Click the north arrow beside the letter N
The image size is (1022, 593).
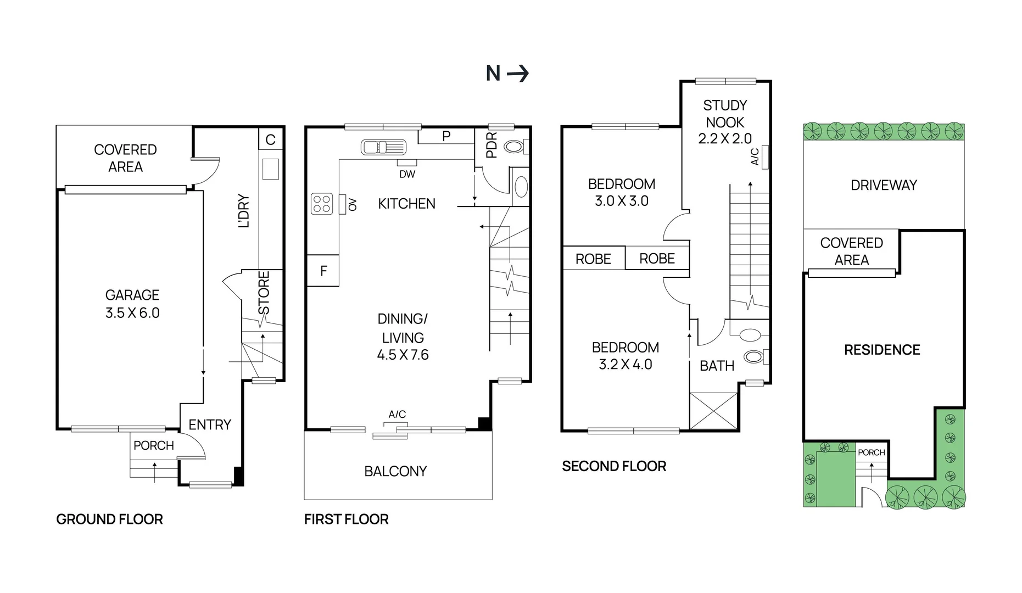[x=517, y=73]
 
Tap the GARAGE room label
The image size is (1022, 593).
[x=132, y=295]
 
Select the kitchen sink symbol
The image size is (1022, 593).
[x=383, y=147]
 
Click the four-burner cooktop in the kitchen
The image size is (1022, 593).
[x=322, y=204]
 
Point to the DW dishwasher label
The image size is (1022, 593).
[x=407, y=174]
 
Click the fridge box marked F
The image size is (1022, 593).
[x=323, y=271]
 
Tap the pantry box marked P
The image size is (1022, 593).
[x=446, y=136]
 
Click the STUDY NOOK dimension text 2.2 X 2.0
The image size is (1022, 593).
[x=724, y=139]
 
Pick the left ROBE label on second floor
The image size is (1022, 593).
[x=593, y=259]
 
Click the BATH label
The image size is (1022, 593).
[x=717, y=366]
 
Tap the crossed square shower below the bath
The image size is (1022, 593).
[x=713, y=411]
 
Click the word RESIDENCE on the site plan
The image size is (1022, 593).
[x=881, y=350]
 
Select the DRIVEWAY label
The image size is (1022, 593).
[x=883, y=185]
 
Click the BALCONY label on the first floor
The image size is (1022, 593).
[x=395, y=471]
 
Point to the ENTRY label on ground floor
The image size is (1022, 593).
[x=209, y=424]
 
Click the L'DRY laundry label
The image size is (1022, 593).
[x=244, y=210]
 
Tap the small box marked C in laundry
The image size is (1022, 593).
[x=270, y=139]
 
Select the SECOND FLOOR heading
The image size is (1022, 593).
[x=613, y=466]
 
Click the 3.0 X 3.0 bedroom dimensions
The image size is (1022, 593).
[x=621, y=201]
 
